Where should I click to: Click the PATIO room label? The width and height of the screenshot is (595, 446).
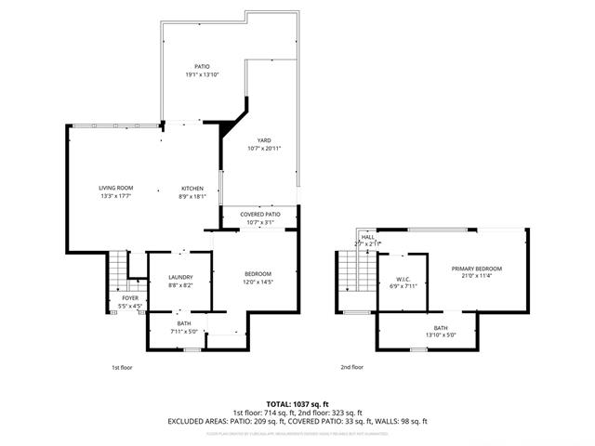click(x=202, y=67)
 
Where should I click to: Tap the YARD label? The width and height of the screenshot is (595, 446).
click(x=264, y=140)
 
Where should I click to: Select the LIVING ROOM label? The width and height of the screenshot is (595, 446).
click(x=116, y=189)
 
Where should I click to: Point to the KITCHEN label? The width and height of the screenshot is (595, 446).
click(x=192, y=189)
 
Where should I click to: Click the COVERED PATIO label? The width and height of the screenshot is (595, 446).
click(x=258, y=215)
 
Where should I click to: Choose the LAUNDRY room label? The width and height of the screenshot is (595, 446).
click(x=180, y=278)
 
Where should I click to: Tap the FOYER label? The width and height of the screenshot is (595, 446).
click(x=129, y=298)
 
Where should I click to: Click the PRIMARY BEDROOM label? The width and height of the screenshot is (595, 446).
click(x=476, y=269)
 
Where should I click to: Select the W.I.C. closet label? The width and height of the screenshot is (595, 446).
click(x=403, y=279)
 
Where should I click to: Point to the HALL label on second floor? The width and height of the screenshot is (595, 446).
click(x=368, y=237)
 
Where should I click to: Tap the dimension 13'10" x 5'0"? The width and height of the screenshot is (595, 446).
click(x=440, y=334)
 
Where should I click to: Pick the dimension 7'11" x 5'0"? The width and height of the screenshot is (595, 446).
click(x=184, y=330)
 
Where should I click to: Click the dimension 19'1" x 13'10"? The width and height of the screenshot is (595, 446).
click(x=202, y=74)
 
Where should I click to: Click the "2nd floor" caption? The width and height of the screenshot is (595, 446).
click(x=351, y=367)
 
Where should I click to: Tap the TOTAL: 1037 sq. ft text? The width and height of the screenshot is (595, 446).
click(x=297, y=404)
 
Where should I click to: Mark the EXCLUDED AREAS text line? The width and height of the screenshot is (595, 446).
click(x=297, y=421)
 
